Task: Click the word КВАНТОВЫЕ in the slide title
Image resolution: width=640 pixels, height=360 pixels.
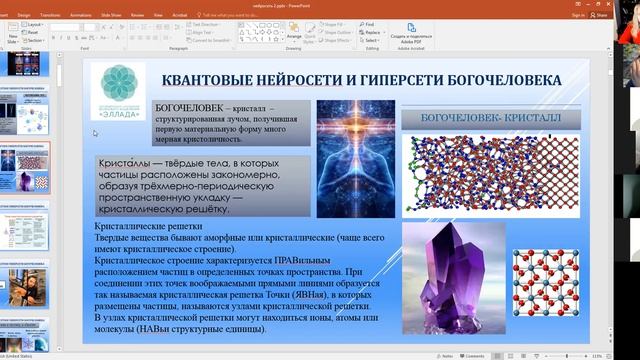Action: pyautogui.click(x=211, y=80)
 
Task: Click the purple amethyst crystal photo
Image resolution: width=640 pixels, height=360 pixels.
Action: pyautogui.click(x=451, y=274)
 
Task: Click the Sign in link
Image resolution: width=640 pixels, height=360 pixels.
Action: pyautogui.click(x=578, y=15)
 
